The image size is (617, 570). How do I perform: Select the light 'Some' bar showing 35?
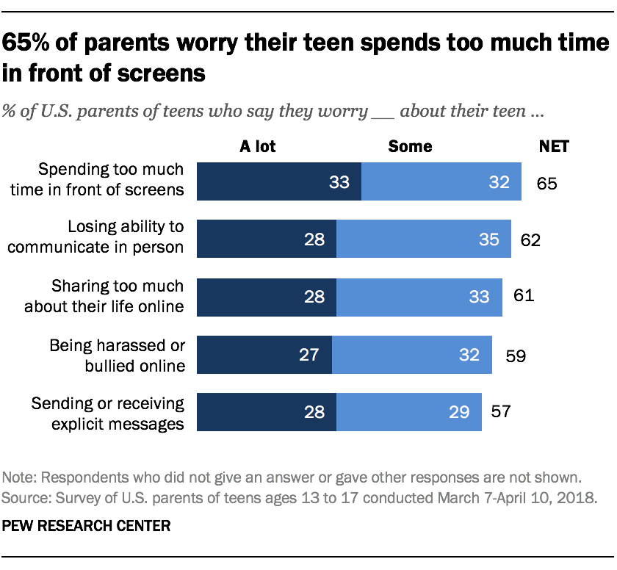click(x=423, y=239)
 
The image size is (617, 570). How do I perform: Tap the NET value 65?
click(x=546, y=182)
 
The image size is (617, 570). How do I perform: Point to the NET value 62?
click(x=530, y=239)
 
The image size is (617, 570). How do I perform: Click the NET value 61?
click(x=523, y=297)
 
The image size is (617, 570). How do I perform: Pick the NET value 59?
click(x=516, y=355)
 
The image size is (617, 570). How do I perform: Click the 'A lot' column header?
click(x=258, y=146)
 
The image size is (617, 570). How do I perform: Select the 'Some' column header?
click(x=410, y=146)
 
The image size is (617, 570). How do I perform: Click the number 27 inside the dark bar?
click(x=309, y=355)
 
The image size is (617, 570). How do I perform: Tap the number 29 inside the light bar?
click(x=459, y=412)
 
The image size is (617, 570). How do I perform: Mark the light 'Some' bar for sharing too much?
click(x=419, y=297)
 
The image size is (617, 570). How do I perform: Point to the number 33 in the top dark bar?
click(x=339, y=182)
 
